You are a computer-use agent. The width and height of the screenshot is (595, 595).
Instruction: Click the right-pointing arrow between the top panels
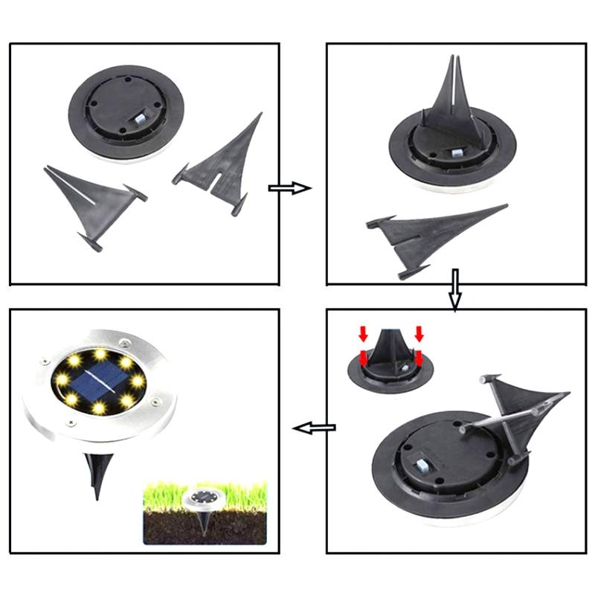[289, 188]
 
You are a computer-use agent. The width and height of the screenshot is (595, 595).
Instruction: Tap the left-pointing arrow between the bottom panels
[313, 428]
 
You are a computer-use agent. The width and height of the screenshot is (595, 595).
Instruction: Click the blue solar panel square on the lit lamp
[98, 379]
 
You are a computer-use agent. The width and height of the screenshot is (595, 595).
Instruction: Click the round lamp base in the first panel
[126, 112]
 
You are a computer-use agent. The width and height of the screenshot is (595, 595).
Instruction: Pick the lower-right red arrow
[419, 359]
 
